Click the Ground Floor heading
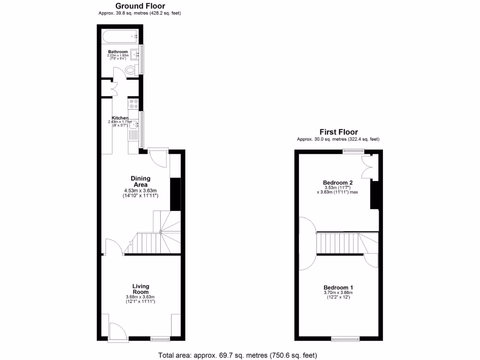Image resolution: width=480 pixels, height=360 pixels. pyautogui.click(x=140, y=6)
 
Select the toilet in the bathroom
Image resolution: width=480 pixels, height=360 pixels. pyautogui.click(x=131, y=70)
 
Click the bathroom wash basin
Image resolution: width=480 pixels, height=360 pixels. pyautogui.click(x=135, y=54)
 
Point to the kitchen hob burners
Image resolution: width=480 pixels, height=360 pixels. pyautogui.click(x=133, y=104)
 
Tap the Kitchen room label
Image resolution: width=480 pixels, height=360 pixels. pyautogui.click(x=120, y=118)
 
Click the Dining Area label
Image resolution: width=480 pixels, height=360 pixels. pyautogui.click(x=141, y=181)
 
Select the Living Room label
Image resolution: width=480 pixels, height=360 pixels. pyautogui.click(x=141, y=289)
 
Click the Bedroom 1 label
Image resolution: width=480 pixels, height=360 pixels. pyautogui.click(x=338, y=287)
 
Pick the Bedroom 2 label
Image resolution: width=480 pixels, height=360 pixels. pyautogui.click(x=337, y=182)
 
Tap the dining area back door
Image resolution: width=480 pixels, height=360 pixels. pyautogui.click(x=157, y=157)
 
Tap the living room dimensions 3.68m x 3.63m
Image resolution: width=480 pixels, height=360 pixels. pyautogui.click(x=140, y=297)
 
